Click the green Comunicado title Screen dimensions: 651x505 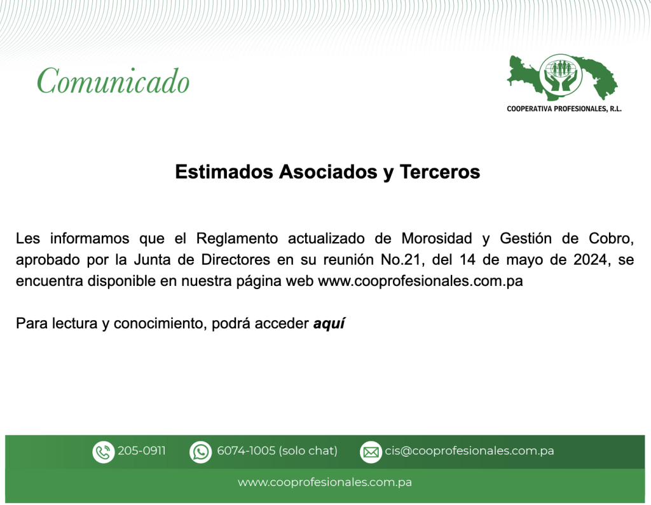coord(113,81)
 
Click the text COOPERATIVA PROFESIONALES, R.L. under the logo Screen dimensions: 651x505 coord(564,109)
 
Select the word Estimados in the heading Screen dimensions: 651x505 coord(224,172)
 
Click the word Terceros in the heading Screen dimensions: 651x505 coord(440,172)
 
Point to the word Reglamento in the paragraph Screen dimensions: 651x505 coord(236,239)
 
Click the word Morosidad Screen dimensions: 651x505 coord(437,239)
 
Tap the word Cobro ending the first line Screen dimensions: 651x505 coord(611,239)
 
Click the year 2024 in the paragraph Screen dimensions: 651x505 coord(593,260)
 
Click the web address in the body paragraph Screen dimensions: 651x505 coord(420,281)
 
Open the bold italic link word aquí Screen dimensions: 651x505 coord(329,324)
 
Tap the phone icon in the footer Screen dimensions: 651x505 coord(103,452)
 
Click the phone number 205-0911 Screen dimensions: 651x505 coord(142,450)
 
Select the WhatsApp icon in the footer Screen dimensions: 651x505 coord(200,452)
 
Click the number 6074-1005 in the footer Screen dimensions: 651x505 coord(246,450)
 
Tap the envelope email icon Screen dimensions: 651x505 coord(371,452)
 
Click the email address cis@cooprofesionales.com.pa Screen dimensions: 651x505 coord(470,450)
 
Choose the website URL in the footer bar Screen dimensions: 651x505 coord(325,482)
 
